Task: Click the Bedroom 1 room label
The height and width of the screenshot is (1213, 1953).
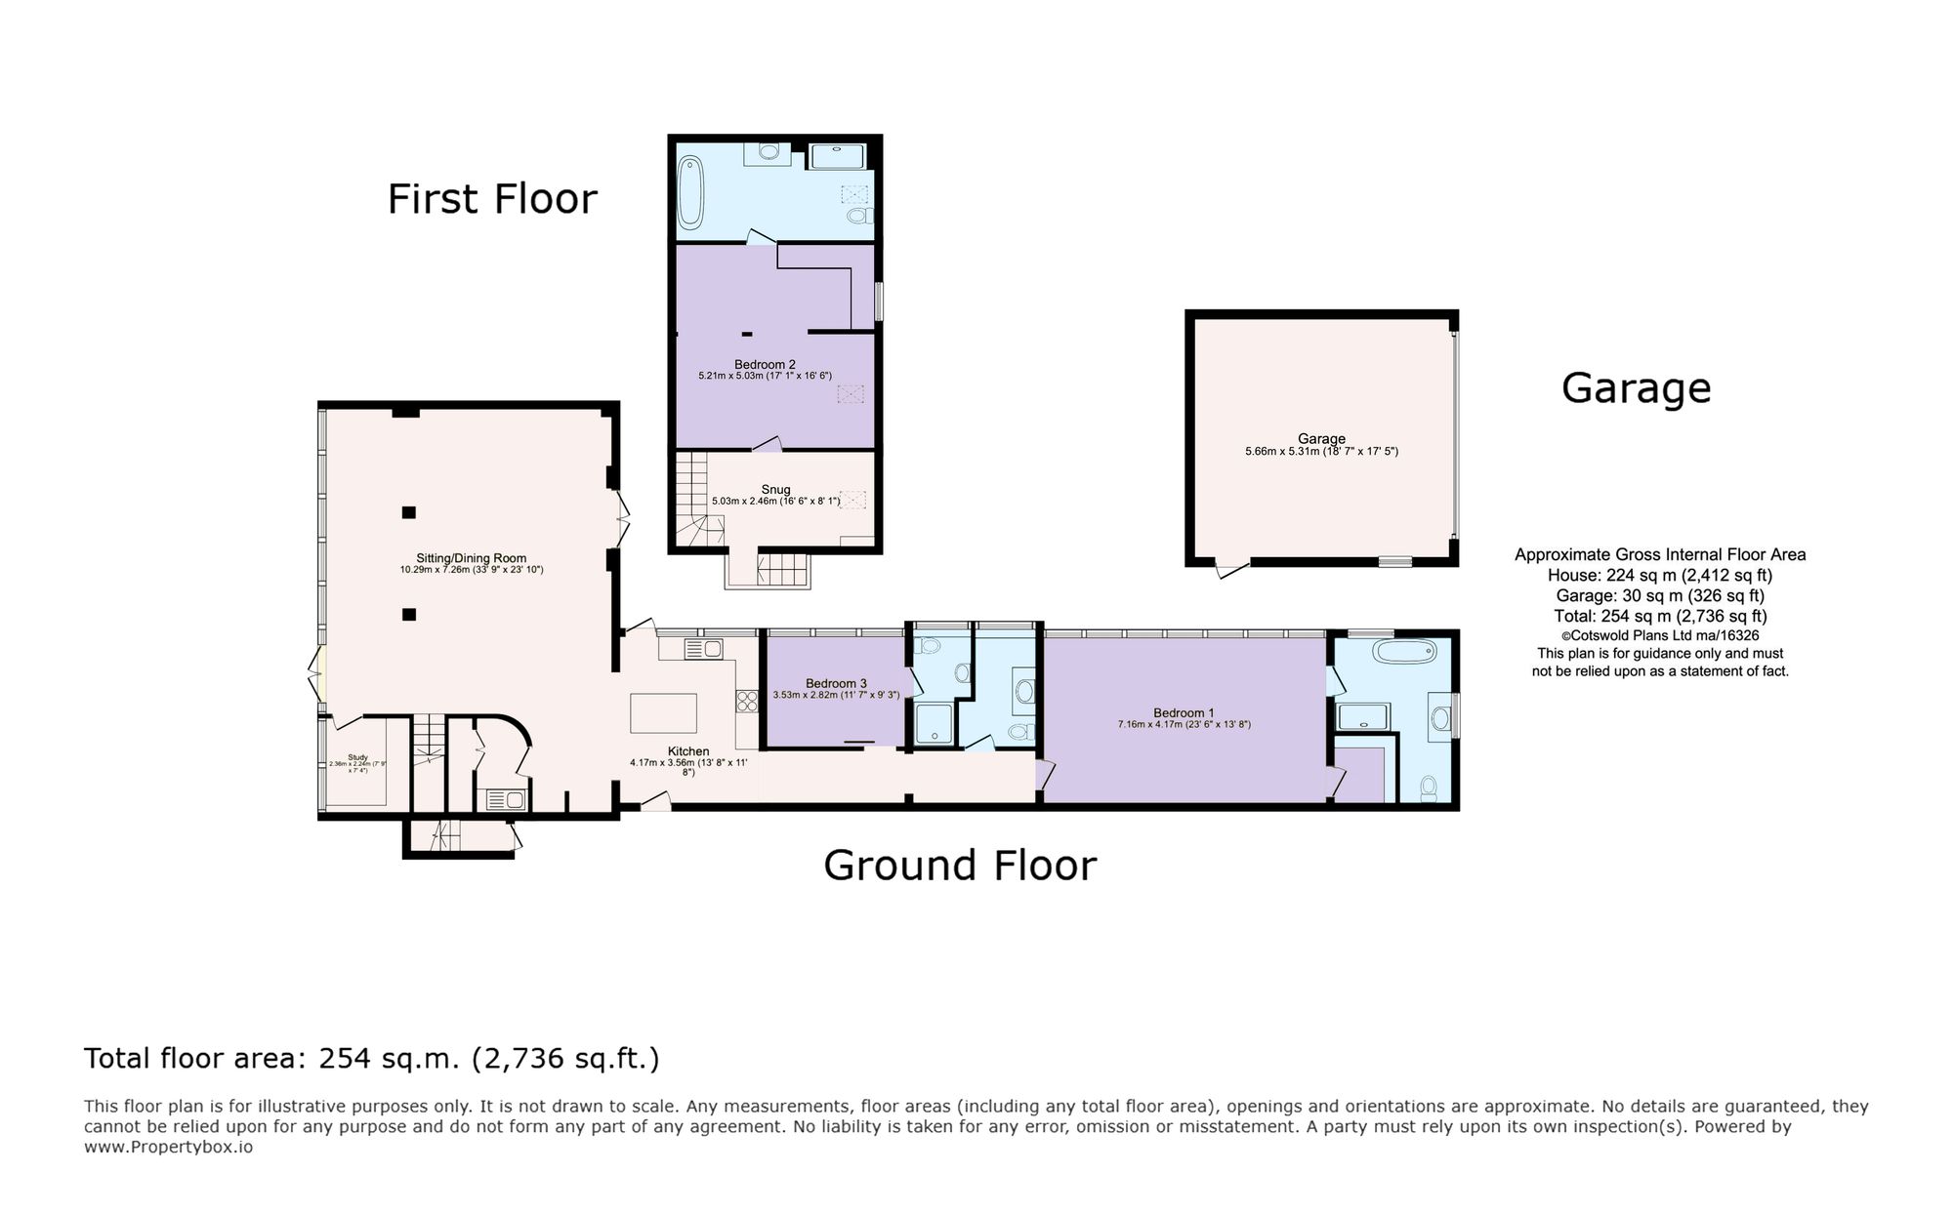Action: tap(1183, 712)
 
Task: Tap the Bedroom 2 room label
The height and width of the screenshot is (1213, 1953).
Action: tap(765, 365)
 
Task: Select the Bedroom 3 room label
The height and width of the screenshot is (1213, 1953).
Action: tap(836, 683)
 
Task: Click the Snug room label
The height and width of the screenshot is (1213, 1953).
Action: tap(775, 490)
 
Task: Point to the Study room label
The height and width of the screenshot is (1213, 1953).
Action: tap(357, 758)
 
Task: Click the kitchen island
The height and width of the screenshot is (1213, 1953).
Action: tap(663, 712)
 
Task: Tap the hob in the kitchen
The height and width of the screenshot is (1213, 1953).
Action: tap(747, 701)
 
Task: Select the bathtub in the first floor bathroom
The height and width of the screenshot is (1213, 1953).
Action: tap(689, 192)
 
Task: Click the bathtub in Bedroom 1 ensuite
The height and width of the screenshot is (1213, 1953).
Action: tap(1403, 651)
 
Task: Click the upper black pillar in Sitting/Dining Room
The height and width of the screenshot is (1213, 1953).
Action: tap(408, 512)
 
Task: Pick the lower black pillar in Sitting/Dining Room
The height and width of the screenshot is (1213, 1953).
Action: tap(408, 614)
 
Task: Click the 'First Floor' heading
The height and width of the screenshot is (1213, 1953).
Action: tap(491, 199)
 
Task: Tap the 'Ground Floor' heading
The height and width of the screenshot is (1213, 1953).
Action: tap(959, 866)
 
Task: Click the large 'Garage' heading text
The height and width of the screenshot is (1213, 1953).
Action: tap(1636, 388)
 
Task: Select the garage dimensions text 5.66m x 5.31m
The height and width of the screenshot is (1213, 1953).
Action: tap(1320, 452)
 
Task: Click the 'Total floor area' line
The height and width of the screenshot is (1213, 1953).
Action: tap(371, 1059)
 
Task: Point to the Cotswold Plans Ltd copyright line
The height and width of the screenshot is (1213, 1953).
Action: tap(1659, 634)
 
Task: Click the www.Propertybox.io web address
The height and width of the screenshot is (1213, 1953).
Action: tap(168, 1147)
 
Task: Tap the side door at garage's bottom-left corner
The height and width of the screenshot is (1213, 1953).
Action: tap(1231, 569)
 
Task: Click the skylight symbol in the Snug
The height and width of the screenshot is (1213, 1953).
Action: tap(853, 500)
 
